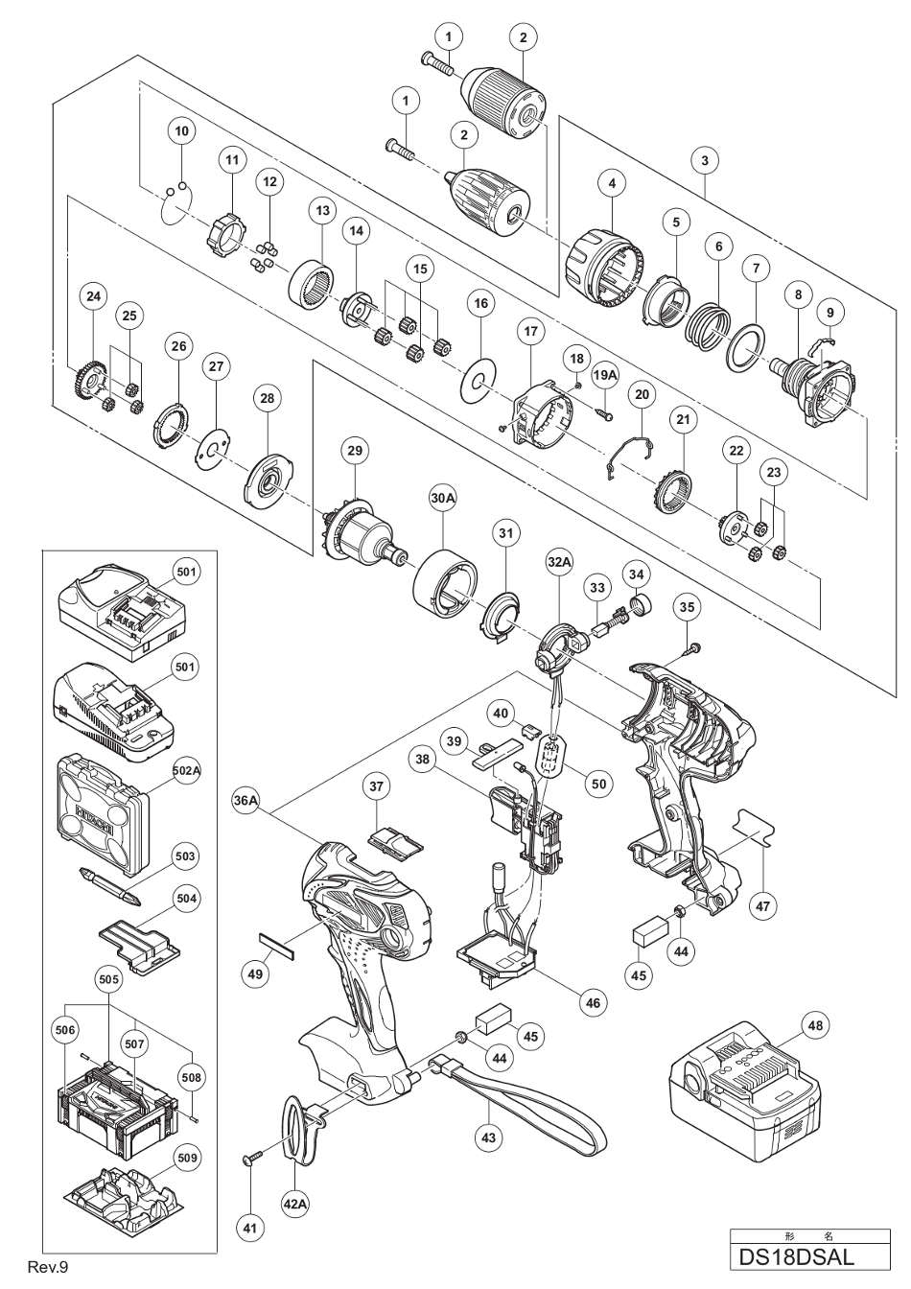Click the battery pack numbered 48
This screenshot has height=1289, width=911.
[x=742, y=1099]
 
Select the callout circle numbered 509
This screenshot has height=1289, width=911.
[x=186, y=1159]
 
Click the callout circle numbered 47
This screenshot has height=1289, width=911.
[x=765, y=904]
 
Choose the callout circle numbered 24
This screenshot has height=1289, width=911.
[x=93, y=297]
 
